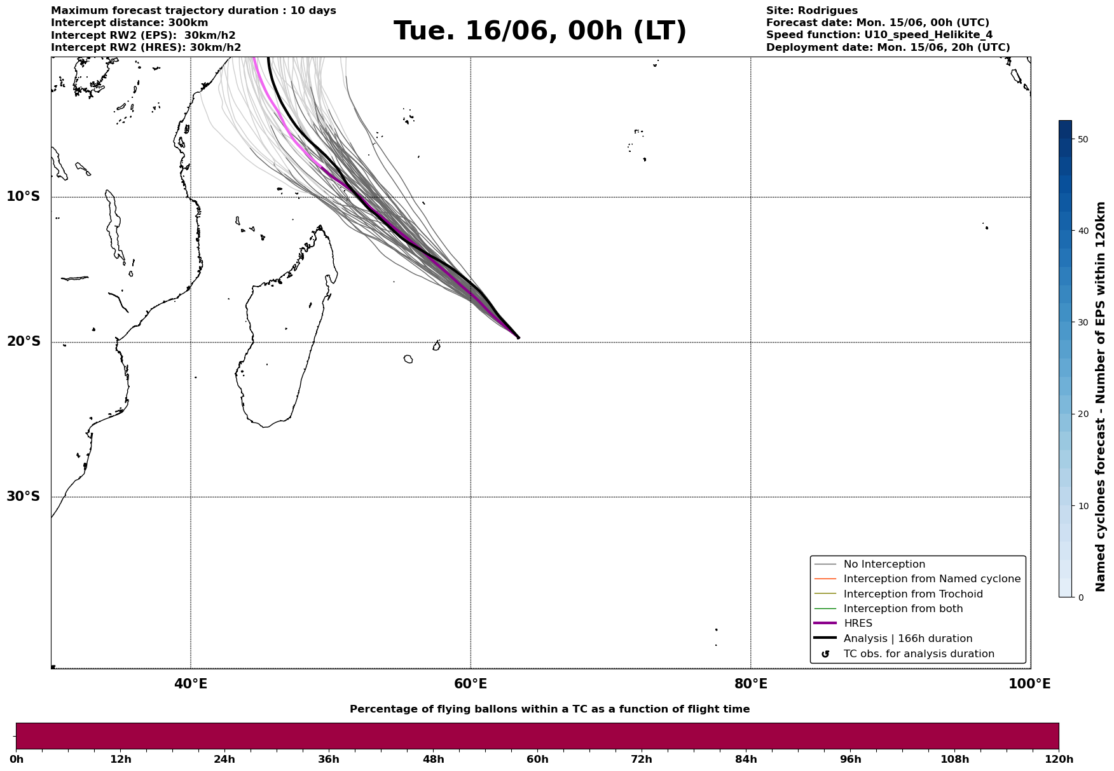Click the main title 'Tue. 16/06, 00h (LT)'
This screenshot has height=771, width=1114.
click(x=540, y=31)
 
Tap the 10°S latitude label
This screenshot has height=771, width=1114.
click(x=23, y=196)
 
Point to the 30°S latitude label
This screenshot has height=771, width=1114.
click(x=23, y=496)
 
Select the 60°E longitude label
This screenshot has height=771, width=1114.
click(x=471, y=684)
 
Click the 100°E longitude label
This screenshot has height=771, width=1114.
click(x=1029, y=684)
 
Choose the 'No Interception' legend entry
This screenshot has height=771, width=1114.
click(x=884, y=564)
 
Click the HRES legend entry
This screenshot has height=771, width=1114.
click(x=858, y=624)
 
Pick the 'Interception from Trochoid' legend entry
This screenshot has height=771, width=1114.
click(x=913, y=594)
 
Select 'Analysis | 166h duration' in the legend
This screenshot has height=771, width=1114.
click(x=907, y=639)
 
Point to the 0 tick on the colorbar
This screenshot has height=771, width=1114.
click(x=1076, y=597)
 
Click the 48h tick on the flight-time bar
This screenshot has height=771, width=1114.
click(x=434, y=759)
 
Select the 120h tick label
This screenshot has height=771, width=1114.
click(x=1059, y=759)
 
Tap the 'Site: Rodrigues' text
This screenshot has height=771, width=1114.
click(x=812, y=11)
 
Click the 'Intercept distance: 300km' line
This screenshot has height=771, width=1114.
click(x=130, y=23)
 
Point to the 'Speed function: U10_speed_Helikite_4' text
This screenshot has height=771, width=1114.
click(x=879, y=35)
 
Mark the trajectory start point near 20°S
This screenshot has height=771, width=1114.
click(x=518, y=338)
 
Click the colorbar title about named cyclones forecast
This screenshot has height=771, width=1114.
click(x=1101, y=397)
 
